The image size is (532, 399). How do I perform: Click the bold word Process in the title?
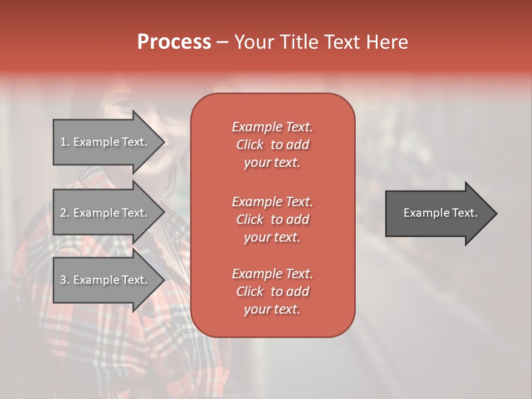click(174, 42)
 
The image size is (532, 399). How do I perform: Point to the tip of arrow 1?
click(163, 142)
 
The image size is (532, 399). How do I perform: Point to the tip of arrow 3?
click(163, 280)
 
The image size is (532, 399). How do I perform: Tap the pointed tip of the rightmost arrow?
click(496, 213)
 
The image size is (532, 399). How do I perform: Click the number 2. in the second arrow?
click(65, 213)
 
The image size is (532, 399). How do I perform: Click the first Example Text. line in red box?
click(272, 127)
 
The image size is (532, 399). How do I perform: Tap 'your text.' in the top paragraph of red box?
click(272, 163)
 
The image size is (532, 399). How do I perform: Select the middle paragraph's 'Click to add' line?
click(272, 219)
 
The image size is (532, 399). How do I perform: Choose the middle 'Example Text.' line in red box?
click(272, 201)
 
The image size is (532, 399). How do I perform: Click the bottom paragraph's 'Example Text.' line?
click(272, 274)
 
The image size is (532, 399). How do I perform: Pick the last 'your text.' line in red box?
click(272, 310)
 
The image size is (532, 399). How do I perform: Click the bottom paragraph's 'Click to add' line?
click(272, 291)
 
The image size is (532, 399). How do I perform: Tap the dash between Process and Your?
click(223, 43)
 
